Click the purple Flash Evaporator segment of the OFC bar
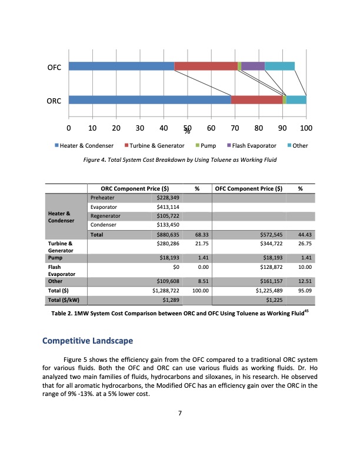pyautogui.click(x=253, y=66)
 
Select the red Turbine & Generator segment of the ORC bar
pyautogui.click(x=256, y=100)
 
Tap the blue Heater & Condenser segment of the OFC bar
pyautogui.click(x=121, y=66)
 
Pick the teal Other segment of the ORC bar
pyautogui.click(x=296, y=100)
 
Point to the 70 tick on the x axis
pyautogui.click(x=235, y=128)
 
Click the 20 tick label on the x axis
pyautogui.click(x=116, y=128)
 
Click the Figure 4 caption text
pyautogui.click(x=180, y=159)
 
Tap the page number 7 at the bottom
pyautogui.click(x=180, y=412)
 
